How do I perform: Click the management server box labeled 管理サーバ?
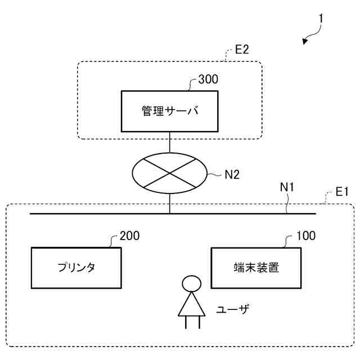[169, 111]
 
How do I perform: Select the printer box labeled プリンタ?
[75, 267]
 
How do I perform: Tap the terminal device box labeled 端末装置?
[256, 267]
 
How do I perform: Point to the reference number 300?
[208, 79]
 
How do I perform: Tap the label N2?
[232, 174]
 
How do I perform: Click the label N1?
[287, 187]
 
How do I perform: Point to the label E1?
[343, 192]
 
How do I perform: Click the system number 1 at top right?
[321, 19]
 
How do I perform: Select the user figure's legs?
[192, 322]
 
